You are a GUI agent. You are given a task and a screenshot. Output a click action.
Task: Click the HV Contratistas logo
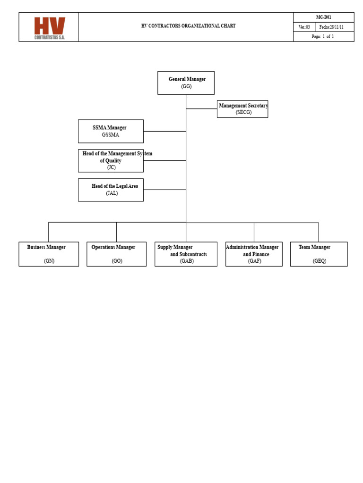[x=49, y=28]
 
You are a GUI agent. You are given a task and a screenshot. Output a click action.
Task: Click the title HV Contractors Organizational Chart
[x=188, y=26]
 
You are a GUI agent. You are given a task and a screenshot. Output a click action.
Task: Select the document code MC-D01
[x=323, y=17]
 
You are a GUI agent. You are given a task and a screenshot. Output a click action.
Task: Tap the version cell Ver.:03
[x=304, y=27]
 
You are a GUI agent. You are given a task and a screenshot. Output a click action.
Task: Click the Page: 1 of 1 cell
[x=323, y=37]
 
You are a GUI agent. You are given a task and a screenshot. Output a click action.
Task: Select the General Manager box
[x=186, y=83]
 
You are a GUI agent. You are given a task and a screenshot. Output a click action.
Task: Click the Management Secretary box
[x=242, y=109]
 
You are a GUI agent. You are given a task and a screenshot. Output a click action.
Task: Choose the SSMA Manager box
[x=111, y=131]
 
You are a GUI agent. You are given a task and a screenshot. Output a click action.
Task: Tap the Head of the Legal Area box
[x=111, y=190]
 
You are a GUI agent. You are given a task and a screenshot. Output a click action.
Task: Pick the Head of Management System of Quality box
[x=111, y=160]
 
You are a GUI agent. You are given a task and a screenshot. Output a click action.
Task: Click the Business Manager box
[x=49, y=254]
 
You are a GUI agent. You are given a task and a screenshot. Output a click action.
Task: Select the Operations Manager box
[x=116, y=254]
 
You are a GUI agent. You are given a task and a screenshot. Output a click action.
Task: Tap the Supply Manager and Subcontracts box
[x=186, y=254]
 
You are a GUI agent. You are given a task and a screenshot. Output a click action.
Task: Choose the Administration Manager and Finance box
[x=254, y=254]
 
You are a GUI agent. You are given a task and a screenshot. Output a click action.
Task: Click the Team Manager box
[x=319, y=254]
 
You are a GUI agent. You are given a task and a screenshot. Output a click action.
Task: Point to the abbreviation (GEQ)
[x=320, y=261]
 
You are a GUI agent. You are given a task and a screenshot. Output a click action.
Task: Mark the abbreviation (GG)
[x=186, y=86]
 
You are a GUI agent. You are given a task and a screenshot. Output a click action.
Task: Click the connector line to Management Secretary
[x=201, y=109]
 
